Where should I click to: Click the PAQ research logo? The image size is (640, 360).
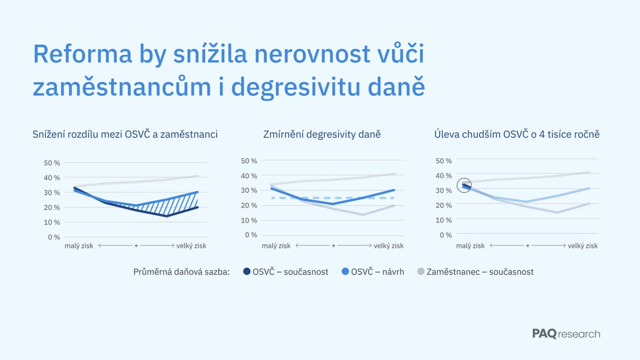566,334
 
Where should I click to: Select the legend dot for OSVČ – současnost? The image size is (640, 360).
247,272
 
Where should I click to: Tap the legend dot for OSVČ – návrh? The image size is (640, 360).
345,272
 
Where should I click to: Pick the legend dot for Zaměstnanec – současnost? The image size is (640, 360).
421,272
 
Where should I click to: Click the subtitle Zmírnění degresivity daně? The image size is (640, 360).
322,134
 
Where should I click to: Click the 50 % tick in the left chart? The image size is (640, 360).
52,163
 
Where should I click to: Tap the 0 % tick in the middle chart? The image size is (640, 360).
250,235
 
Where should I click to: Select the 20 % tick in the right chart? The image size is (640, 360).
444,205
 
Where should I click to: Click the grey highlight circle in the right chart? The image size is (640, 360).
465,186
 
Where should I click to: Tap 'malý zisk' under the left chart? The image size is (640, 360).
79,246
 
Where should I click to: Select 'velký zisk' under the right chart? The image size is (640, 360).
582,246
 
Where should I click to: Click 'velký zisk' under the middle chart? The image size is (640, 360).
388,246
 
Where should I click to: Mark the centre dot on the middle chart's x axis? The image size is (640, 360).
333,246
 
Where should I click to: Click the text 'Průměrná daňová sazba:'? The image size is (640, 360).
181,272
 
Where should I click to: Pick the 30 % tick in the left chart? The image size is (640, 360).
52,193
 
